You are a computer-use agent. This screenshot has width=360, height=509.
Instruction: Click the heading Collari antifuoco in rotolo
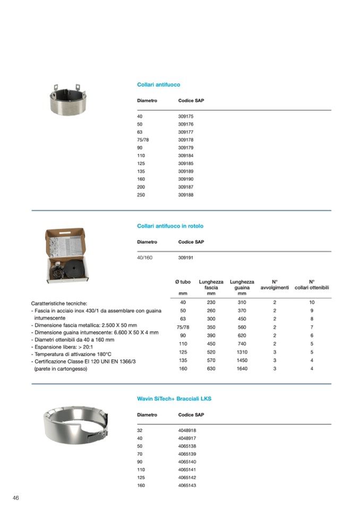tap(170, 226)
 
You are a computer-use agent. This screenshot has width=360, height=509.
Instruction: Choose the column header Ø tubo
tap(183, 282)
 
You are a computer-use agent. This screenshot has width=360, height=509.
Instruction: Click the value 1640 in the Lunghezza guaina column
tap(242, 368)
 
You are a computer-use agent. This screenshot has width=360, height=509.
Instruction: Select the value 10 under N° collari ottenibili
tap(312, 303)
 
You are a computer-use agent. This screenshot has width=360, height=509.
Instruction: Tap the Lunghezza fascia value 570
tap(211, 360)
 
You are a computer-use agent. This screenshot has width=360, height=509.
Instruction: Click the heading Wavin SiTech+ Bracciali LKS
tap(174, 399)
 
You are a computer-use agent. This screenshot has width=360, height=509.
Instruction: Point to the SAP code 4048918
tap(187, 430)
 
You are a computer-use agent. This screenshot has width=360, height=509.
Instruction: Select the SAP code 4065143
tap(187, 486)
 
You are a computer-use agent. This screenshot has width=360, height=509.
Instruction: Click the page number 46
tap(16, 497)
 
